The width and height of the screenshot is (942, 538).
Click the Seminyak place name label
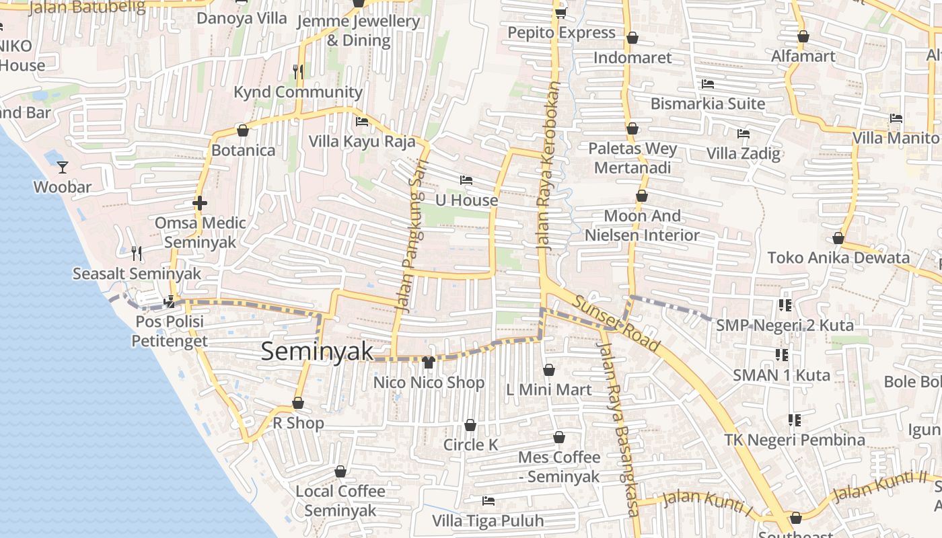point(316,351)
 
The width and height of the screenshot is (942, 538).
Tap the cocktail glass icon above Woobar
point(63,167)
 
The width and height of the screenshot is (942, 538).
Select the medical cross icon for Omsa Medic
point(199,202)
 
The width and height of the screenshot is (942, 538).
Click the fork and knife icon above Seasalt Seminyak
point(137,253)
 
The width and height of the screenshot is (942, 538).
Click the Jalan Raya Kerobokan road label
point(548,167)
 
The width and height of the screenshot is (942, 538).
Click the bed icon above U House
point(466,180)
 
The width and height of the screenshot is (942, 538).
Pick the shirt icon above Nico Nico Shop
point(428,362)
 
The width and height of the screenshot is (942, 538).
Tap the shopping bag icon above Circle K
point(470,425)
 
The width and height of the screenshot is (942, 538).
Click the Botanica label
point(243,150)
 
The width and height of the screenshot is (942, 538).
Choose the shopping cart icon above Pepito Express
point(560,13)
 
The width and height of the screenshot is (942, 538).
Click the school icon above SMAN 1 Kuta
point(781,354)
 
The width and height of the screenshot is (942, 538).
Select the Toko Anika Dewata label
point(838,258)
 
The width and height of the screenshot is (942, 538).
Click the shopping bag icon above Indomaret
point(632,38)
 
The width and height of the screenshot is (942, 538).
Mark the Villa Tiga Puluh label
point(488,521)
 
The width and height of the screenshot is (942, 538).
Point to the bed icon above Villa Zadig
point(744,134)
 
